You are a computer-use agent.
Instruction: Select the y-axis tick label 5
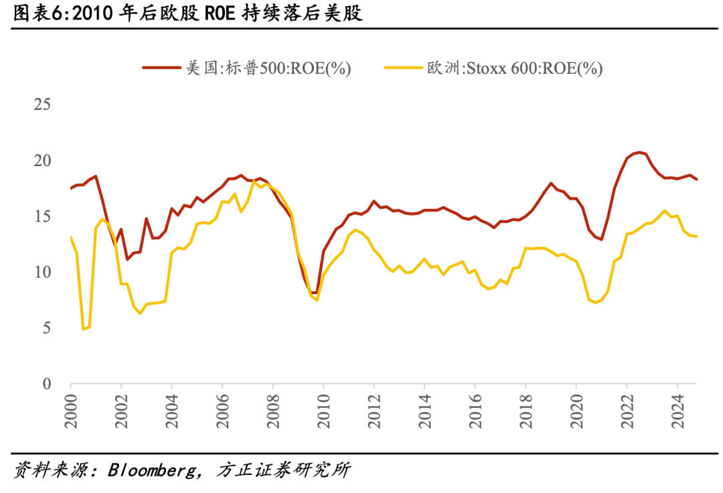tap(47, 328)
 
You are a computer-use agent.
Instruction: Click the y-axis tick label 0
tap(47, 384)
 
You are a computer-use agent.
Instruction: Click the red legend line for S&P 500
tap(161, 68)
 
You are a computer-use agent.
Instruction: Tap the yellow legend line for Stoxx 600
tap(402, 68)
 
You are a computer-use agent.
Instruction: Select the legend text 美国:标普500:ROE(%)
tap(268, 68)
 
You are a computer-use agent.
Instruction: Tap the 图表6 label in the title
tap(37, 14)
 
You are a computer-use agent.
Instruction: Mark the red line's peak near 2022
tap(640, 153)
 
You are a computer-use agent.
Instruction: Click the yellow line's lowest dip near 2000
tap(84, 329)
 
